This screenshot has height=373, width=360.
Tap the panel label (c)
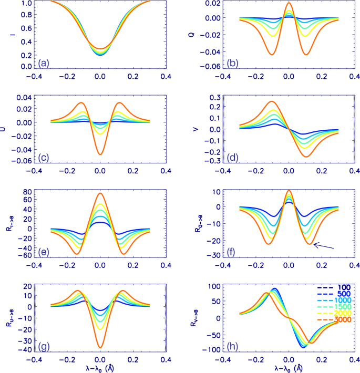pos(44,158)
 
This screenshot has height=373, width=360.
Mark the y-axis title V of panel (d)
pos(197,128)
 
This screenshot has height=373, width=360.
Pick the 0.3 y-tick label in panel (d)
pos(212,98)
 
